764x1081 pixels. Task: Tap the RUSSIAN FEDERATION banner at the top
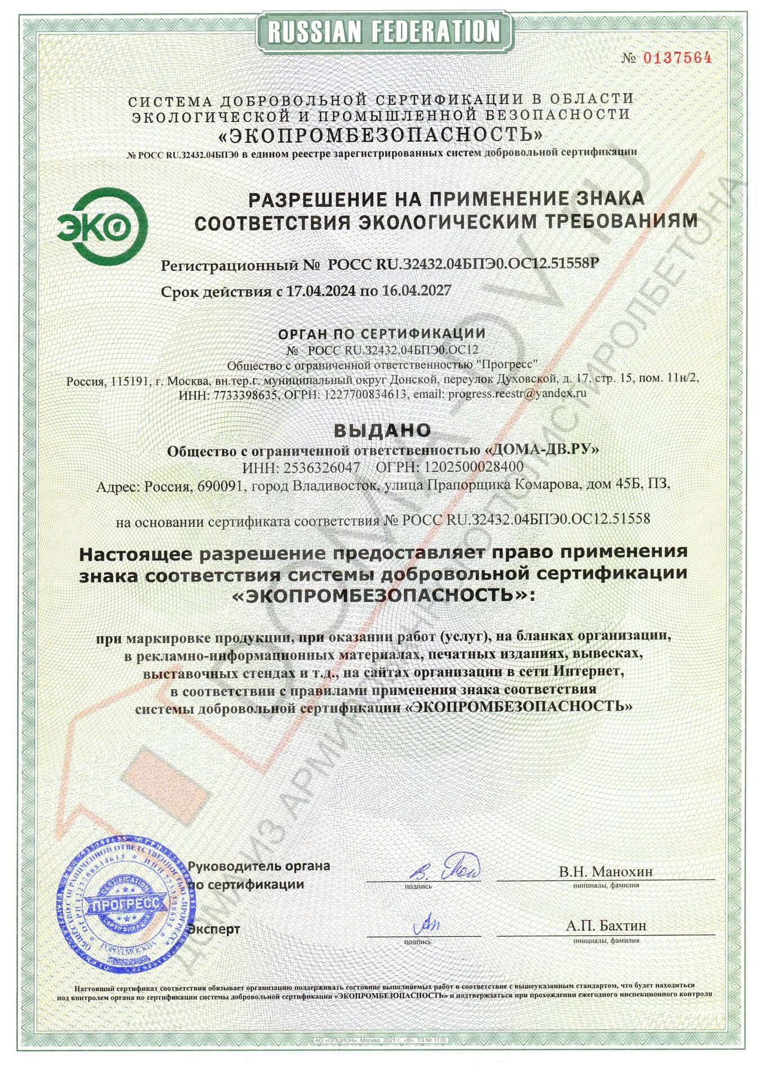click(384, 32)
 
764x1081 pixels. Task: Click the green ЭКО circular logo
click(102, 226)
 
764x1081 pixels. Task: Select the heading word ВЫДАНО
click(382, 431)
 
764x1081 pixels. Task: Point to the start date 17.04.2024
click(321, 291)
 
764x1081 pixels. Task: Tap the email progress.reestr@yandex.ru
click(517, 394)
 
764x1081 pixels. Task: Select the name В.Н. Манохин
click(606, 872)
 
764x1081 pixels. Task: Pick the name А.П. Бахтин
click(606, 926)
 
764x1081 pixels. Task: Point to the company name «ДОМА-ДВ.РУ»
click(542, 450)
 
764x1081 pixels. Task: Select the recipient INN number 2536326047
click(321, 467)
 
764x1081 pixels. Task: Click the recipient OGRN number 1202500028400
click(473, 467)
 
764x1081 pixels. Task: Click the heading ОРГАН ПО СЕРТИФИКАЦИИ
click(382, 334)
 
